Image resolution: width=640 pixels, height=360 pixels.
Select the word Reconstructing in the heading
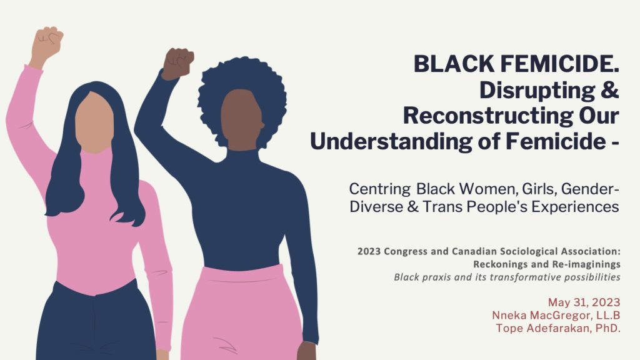tap(483, 116)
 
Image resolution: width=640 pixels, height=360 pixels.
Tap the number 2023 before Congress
tap(371, 251)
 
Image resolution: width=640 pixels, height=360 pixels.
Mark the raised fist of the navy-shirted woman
tap(179, 62)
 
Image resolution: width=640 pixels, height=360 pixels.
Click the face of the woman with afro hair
tap(241, 119)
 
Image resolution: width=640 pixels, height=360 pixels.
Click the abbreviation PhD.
tap(604, 328)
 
